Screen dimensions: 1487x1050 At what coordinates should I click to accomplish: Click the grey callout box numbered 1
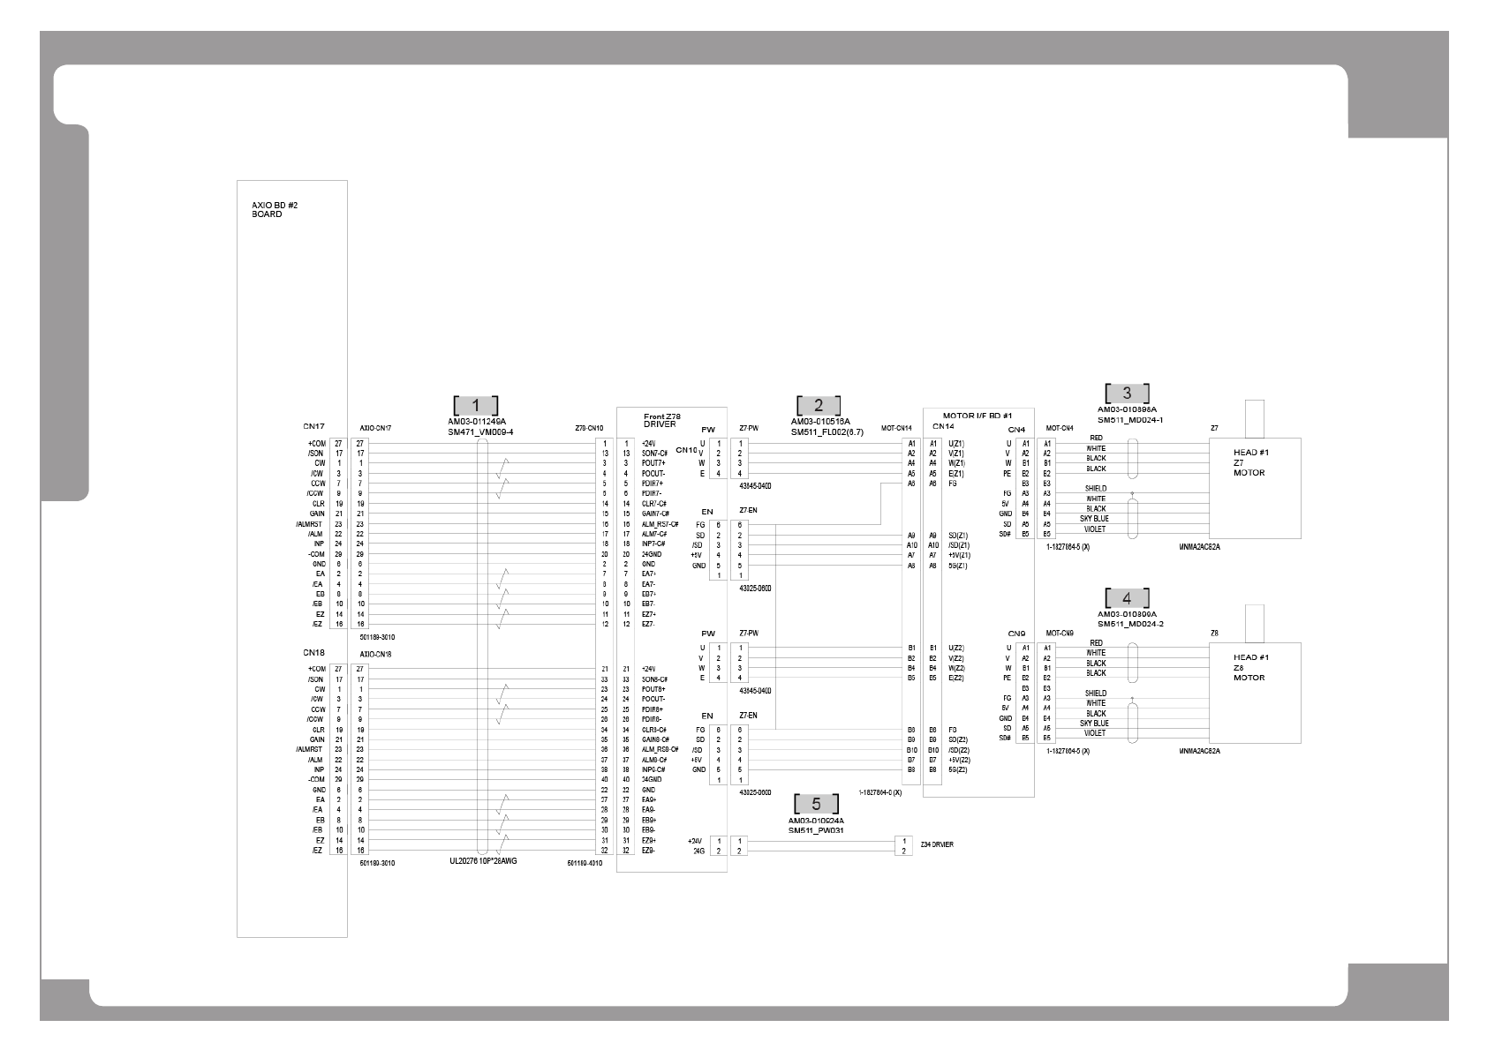pyautogui.click(x=476, y=405)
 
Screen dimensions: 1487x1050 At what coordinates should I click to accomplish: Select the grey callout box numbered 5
pyautogui.click(x=816, y=804)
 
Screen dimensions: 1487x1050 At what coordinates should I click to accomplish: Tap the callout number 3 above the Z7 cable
pyautogui.click(x=1127, y=394)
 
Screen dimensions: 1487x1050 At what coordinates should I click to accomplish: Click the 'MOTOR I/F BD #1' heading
pyautogui.click(x=977, y=415)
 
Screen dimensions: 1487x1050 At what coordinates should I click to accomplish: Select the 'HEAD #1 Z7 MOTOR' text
pyautogui.click(x=1250, y=462)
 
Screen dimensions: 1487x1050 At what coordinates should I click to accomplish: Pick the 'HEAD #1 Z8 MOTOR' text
pyautogui.click(x=1250, y=667)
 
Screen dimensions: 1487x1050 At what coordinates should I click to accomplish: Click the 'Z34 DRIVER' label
pyautogui.click(x=936, y=844)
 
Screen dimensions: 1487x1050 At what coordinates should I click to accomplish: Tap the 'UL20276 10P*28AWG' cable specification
pyautogui.click(x=483, y=860)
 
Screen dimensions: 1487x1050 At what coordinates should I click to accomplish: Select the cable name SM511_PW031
pyautogui.click(x=817, y=829)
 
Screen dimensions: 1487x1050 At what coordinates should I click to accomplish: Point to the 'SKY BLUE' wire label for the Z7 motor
pyautogui.click(x=1094, y=519)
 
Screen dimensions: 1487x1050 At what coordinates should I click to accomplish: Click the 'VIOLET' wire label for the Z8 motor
pyautogui.click(x=1094, y=733)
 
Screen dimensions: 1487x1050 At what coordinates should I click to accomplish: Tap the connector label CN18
pyautogui.click(x=314, y=653)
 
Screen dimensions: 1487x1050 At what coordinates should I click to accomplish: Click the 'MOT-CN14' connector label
pyautogui.click(x=896, y=428)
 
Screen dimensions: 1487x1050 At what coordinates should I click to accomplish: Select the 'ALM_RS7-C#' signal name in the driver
pyautogui.click(x=660, y=524)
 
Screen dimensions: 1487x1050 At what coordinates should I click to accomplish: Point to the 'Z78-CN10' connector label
pyautogui.click(x=588, y=428)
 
